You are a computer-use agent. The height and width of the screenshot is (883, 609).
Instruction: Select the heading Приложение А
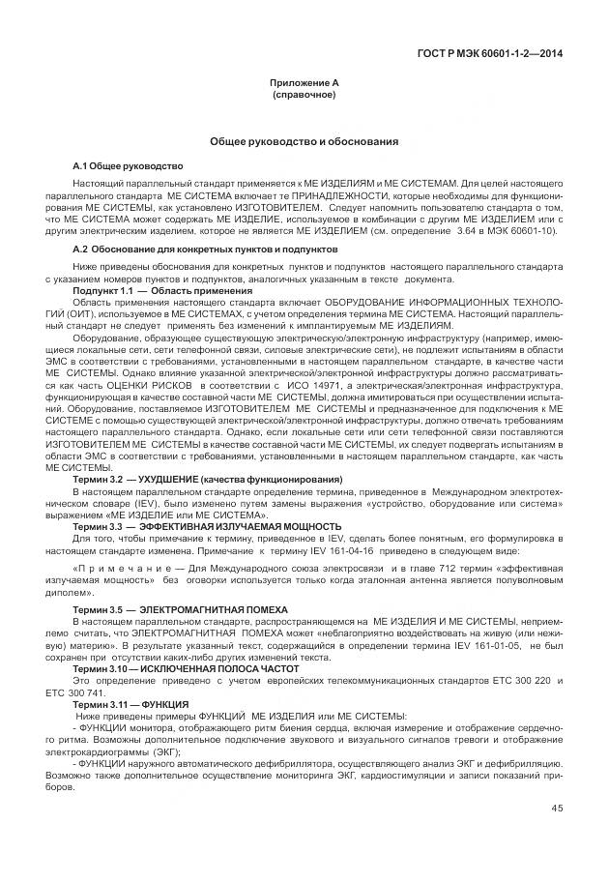click(x=304, y=84)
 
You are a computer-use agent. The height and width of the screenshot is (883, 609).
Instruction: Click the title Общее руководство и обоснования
click(x=304, y=142)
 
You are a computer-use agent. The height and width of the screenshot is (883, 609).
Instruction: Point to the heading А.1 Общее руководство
click(x=129, y=166)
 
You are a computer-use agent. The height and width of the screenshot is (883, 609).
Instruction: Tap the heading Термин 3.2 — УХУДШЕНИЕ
click(x=208, y=480)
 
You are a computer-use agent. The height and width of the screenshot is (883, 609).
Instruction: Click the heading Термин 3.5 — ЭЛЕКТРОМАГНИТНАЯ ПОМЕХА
click(x=189, y=610)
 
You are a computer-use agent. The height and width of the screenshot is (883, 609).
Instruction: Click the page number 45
click(x=557, y=809)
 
